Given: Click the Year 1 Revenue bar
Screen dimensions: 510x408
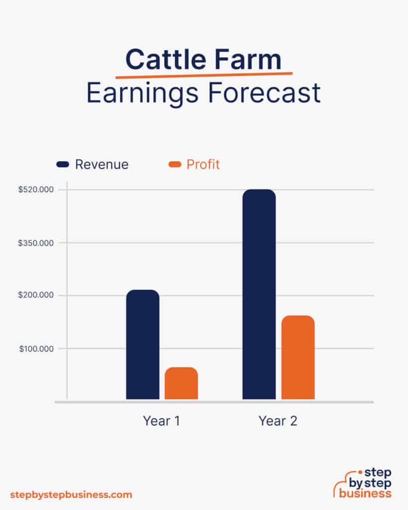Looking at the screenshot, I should [x=142, y=344].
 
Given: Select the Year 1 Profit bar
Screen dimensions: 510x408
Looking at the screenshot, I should [x=181, y=383].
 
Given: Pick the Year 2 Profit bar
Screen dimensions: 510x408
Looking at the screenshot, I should [x=298, y=357].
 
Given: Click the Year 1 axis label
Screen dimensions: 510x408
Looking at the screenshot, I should [x=161, y=421].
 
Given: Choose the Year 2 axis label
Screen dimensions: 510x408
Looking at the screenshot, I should [x=278, y=421].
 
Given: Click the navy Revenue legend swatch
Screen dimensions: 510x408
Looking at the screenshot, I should [x=63, y=164].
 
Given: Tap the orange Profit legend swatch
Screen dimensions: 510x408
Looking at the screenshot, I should [x=175, y=164].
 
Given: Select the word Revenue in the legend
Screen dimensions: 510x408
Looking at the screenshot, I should [x=102, y=164].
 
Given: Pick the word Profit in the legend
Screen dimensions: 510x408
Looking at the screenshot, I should [x=203, y=164].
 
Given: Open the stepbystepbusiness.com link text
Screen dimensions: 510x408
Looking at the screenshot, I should [x=71, y=495].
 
